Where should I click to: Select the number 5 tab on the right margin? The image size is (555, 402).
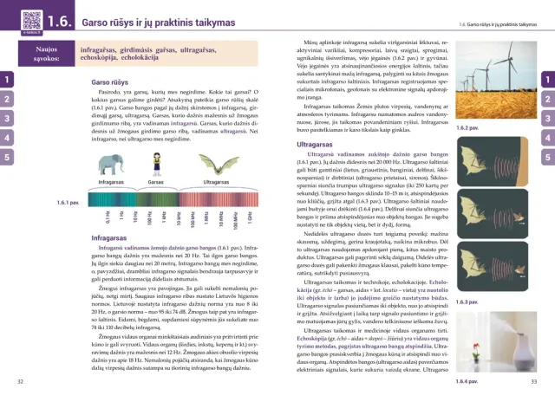pos(549,157)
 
